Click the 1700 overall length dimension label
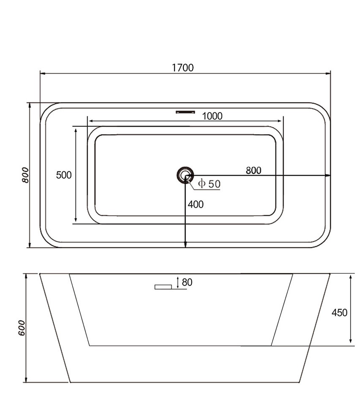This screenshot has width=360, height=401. tap(183, 68)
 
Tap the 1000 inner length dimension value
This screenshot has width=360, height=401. tap(212, 117)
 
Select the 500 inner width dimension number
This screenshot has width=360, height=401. tap(64, 175)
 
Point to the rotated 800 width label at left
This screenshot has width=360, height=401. tap(25, 175)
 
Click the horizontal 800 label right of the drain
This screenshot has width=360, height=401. tap(254, 171)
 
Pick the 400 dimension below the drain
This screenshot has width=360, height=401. tap(196, 204)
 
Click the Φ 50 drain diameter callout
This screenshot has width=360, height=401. tap(209, 184)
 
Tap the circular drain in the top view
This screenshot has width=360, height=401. tap(185, 175)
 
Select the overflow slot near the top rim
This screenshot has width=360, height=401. tap(185, 112)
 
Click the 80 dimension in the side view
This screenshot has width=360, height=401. tap(187, 282)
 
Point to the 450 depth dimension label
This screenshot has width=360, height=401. tap(339, 312)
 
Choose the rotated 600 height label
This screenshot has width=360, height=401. tap(22, 328)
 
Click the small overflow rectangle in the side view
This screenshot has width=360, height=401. tap(163, 287)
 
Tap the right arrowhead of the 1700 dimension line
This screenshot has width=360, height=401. tap(328, 73)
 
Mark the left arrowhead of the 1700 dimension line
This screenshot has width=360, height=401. tap(43, 73)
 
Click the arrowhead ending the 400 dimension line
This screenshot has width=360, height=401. tap(185, 245)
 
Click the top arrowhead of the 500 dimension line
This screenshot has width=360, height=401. tap(76, 131)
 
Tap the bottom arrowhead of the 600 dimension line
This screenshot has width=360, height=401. tap(26, 379)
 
